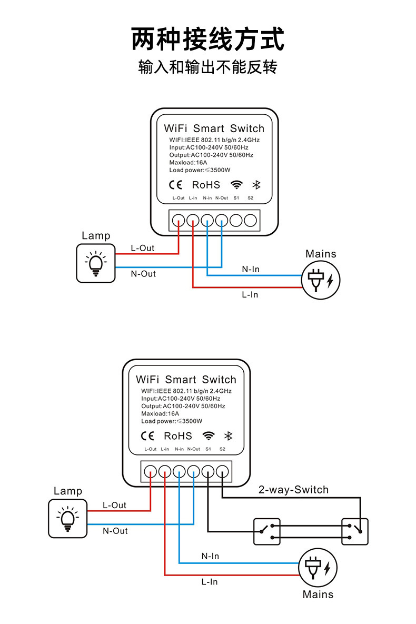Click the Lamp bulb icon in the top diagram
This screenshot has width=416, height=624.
pyautogui.click(x=95, y=263)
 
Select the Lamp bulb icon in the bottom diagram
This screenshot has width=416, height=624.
pyautogui.click(x=67, y=519)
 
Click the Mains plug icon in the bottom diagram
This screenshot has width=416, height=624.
pyautogui.click(x=318, y=568)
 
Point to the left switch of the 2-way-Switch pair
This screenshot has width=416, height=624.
pyautogui.click(x=267, y=531)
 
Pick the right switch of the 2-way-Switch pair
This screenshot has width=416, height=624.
pyautogui.click(x=355, y=531)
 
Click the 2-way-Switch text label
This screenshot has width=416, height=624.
pyautogui.click(x=293, y=490)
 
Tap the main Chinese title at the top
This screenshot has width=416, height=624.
pyautogui.click(x=208, y=39)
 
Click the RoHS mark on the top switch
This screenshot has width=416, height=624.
pyautogui.click(x=206, y=185)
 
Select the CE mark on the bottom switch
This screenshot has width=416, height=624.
pyautogui.click(x=147, y=436)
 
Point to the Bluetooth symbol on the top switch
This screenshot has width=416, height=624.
pyautogui.click(x=256, y=185)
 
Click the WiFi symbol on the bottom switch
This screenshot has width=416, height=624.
pyautogui.click(x=209, y=436)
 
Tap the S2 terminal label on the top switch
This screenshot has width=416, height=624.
pyautogui.click(x=251, y=198)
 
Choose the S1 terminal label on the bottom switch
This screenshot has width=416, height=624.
pyautogui.click(x=208, y=449)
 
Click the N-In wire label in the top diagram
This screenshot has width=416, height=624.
pyautogui.click(x=251, y=269)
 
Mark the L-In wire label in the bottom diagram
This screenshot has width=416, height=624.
pyautogui.click(x=209, y=582)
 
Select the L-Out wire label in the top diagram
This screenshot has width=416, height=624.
pyautogui.click(x=142, y=248)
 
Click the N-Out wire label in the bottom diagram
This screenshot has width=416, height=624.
pyautogui.click(x=115, y=531)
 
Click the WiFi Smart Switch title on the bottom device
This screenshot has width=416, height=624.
pyautogui.click(x=186, y=379)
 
